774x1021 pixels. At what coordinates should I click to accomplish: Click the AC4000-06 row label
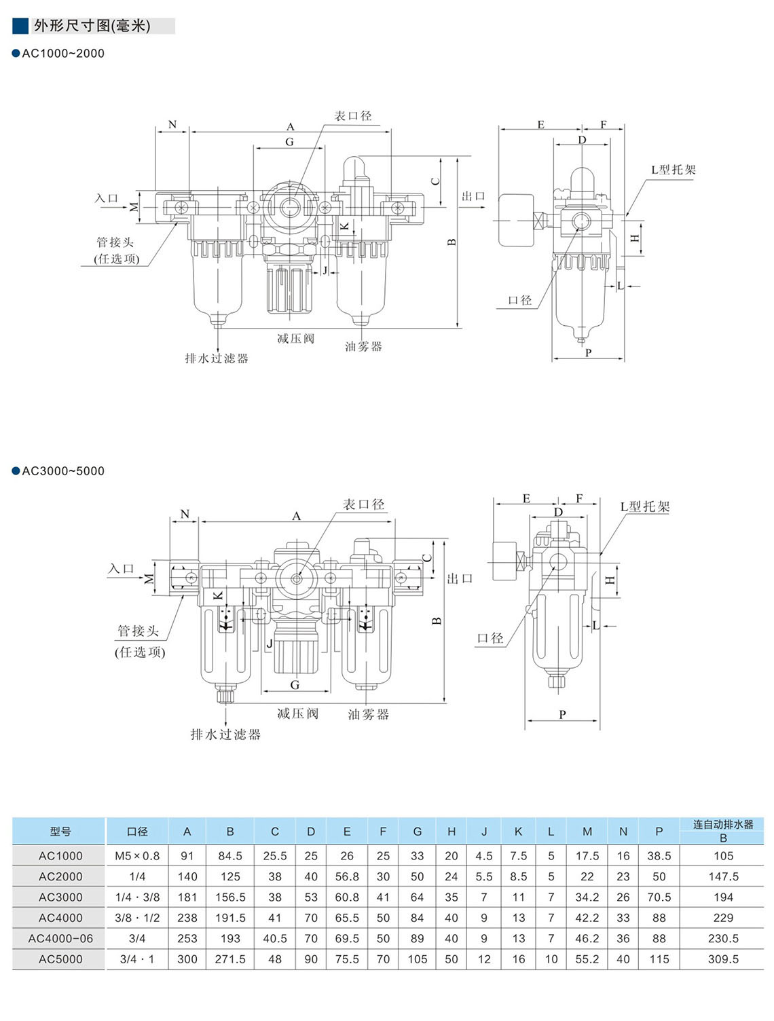pyautogui.click(x=60, y=938)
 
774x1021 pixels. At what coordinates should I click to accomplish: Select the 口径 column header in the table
pyautogui.click(x=137, y=832)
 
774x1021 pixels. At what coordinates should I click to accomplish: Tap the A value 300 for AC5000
pyautogui.click(x=187, y=959)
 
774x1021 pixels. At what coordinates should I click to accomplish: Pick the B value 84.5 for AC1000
pyautogui.click(x=230, y=856)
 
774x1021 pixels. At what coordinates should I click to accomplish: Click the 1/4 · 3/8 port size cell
pyautogui.click(x=137, y=897)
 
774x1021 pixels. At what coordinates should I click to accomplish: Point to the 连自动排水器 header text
pyautogui.click(x=723, y=824)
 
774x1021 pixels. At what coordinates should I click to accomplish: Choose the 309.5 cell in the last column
pyautogui.click(x=723, y=959)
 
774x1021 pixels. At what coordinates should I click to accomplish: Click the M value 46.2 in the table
pyautogui.click(x=587, y=938)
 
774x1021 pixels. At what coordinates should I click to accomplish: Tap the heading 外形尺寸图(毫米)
pyautogui.click(x=92, y=26)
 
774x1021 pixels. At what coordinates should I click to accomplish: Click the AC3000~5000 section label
pyautogui.click(x=63, y=471)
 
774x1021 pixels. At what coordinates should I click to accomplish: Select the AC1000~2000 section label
pyautogui.click(x=63, y=54)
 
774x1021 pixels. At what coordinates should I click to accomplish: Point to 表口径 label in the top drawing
pyautogui.click(x=353, y=116)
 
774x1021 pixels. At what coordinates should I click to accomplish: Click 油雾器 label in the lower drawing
pyautogui.click(x=368, y=714)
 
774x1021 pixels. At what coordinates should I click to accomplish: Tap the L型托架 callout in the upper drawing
pyautogui.click(x=674, y=170)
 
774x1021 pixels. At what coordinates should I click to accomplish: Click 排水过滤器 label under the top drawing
pyautogui.click(x=217, y=358)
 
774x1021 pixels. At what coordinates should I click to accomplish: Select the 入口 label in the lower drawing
pyautogui.click(x=121, y=569)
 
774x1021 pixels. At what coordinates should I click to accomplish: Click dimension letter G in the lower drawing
pyautogui.click(x=295, y=685)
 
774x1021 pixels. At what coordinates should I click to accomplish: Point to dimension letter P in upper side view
pyautogui.click(x=588, y=352)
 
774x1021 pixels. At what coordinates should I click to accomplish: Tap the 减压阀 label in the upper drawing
pyautogui.click(x=295, y=338)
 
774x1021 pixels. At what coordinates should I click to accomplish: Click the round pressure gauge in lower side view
pyautogui.click(x=503, y=561)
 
